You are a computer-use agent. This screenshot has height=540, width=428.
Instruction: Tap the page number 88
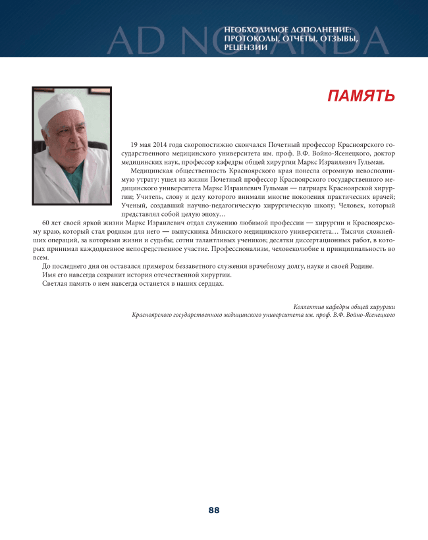click(x=214, y=510)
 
